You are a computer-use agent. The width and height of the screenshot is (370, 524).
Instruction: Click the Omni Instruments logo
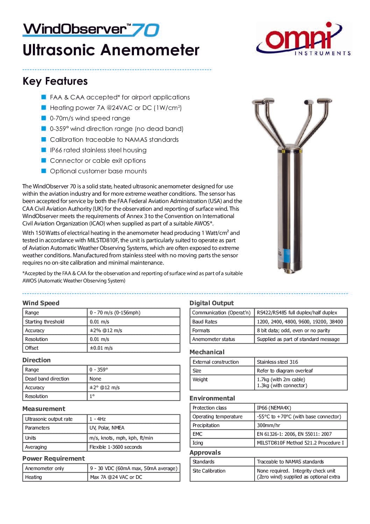303,39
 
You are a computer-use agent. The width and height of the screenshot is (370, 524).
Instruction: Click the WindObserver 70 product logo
91,29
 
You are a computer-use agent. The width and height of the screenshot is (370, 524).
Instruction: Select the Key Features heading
55,81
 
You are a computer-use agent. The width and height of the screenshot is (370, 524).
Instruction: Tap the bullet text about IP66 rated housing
98,150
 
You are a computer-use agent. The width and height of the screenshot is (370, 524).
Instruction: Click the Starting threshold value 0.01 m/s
99,322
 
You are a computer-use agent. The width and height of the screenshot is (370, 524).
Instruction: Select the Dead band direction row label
47,379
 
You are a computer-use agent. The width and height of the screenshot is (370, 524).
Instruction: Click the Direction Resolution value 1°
92,396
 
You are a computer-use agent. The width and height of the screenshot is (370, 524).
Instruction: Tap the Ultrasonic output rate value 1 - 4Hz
98,419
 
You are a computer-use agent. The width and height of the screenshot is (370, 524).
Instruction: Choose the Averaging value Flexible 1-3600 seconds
115,447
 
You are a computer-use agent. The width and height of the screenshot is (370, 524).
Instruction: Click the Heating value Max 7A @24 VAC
116,477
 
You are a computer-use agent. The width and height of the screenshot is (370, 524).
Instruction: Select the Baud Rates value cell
300,322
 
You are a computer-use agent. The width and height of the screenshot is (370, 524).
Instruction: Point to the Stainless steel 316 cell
277,362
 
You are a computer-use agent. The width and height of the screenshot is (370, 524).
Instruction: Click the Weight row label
200,379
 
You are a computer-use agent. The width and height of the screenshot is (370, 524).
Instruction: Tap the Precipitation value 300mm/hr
268,425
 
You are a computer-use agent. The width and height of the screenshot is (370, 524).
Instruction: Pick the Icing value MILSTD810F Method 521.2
300,443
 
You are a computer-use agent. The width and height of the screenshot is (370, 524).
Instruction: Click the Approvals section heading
205,453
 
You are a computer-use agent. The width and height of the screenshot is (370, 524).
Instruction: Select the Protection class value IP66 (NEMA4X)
274,408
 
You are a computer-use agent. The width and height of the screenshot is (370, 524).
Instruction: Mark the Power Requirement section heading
54,459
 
